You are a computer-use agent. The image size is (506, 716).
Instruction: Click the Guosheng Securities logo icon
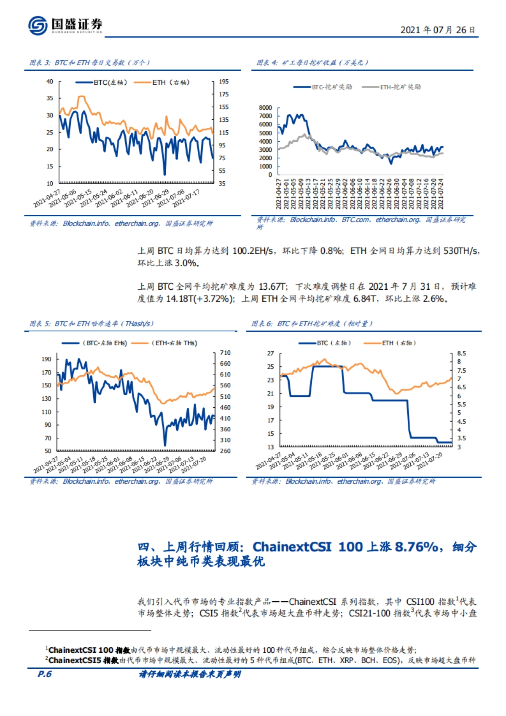coord(38,25)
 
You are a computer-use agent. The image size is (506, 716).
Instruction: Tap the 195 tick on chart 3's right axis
coord(223,81)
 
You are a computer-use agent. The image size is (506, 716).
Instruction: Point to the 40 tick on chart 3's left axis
coord(50,81)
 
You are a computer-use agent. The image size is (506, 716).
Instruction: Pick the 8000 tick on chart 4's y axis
coord(265,108)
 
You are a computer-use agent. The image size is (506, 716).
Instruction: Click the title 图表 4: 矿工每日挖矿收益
coord(312,63)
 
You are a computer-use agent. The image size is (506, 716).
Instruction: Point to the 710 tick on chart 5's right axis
coord(225,353)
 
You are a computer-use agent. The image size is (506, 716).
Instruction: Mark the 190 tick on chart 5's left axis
coord(46,359)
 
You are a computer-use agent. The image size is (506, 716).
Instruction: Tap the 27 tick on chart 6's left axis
coord(270,353)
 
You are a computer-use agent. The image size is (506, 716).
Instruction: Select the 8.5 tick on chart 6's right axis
coord(461,353)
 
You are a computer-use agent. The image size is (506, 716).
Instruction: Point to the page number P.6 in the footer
coord(45,674)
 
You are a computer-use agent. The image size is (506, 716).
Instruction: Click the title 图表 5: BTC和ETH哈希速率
coord(91,324)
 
